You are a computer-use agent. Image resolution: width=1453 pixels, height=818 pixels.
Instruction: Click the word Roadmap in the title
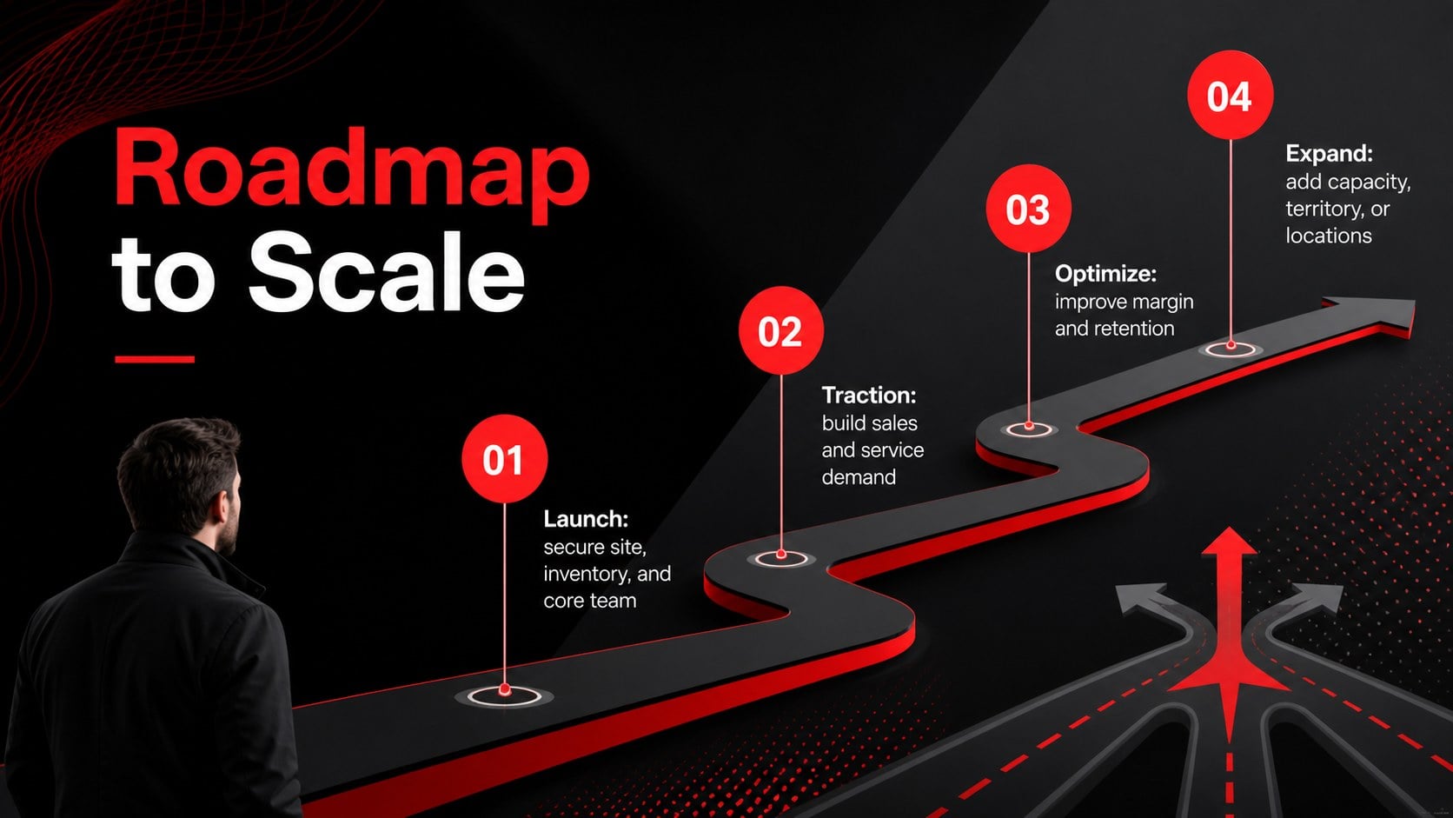tap(351, 174)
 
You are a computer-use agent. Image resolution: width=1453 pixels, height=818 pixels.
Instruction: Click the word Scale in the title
tap(387, 272)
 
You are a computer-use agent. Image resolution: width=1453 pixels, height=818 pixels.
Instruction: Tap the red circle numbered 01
tap(505, 459)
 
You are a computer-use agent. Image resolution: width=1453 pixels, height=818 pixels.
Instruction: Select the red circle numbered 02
tap(781, 330)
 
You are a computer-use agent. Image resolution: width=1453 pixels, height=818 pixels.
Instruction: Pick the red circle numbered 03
tap(1028, 209)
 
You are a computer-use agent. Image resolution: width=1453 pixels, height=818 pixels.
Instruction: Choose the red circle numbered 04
tap(1230, 95)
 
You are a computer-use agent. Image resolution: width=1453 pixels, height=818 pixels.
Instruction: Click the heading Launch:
tap(586, 519)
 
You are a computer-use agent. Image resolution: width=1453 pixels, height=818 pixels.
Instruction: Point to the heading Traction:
tap(868, 395)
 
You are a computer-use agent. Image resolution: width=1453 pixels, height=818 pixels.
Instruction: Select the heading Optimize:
tap(1105, 274)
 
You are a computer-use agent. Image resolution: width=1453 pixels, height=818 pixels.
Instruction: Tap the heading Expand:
tap(1329, 154)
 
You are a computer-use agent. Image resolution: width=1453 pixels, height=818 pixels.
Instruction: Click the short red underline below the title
tap(155, 359)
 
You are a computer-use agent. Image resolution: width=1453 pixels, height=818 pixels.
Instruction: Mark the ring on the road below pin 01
tap(505, 704)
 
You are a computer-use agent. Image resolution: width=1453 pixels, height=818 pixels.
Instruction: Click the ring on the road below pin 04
tap(1231, 355)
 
